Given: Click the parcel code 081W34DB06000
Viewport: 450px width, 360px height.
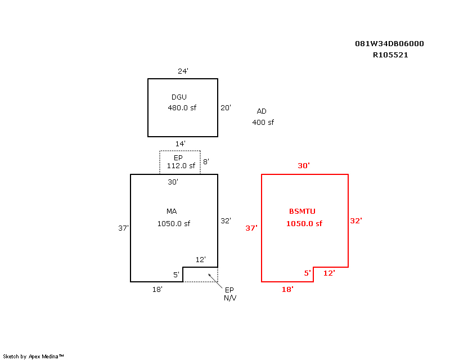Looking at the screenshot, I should click(389, 44).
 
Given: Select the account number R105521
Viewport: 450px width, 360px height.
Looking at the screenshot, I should click(390, 55).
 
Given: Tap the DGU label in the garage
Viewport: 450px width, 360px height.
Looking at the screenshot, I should click(179, 97).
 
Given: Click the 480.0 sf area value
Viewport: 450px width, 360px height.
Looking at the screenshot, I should click(181, 107).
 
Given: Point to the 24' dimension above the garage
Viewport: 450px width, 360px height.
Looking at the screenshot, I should click(183, 71).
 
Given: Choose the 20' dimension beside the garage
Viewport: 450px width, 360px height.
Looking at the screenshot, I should click(226, 107).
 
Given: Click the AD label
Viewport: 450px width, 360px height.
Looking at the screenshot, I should click(262, 111).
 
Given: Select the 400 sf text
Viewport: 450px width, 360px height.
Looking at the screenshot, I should click(263, 122).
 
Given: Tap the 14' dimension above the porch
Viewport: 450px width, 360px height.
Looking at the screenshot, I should click(180, 144).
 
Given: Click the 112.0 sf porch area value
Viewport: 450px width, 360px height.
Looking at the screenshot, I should click(181, 166).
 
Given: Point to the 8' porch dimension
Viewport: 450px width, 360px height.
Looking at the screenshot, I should click(206, 161).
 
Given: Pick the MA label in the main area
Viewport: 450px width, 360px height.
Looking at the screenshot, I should click(172, 211).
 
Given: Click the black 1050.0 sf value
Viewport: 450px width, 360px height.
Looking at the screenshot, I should click(173, 223).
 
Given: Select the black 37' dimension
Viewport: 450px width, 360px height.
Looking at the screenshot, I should click(123, 228).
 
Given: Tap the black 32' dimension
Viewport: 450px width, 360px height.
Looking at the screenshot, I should click(226, 221).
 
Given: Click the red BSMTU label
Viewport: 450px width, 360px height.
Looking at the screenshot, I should click(302, 211).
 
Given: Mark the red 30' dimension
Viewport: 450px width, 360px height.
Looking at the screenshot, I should click(304, 166).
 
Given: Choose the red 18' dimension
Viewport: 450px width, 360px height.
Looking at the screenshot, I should click(287, 289).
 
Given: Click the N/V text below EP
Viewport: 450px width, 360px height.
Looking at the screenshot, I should click(230, 298).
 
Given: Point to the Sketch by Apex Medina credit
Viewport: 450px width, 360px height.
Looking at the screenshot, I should click(34, 356).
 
